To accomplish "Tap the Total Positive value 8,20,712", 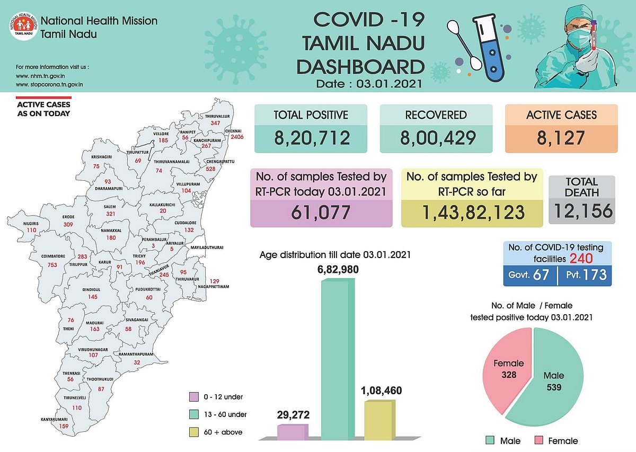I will coord(312,138).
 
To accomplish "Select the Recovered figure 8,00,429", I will coord(436,138).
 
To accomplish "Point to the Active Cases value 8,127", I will coord(561,138).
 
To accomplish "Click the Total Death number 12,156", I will coord(581,211).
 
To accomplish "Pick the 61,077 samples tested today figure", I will coord(321,212).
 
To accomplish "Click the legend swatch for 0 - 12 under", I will coord(194,397).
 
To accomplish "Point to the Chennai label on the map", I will coord(233,131).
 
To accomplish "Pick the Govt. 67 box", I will coord(529,276).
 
